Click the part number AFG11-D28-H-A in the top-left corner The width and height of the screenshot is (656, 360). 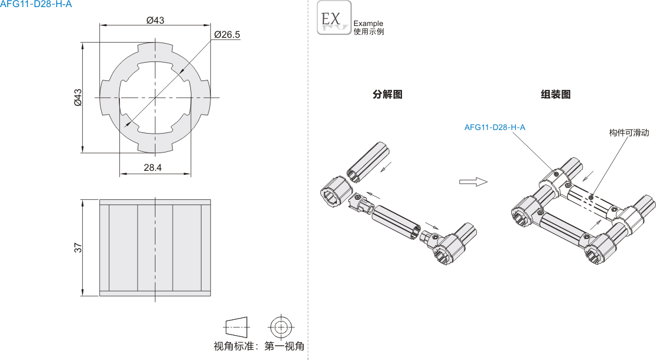pos(36,5)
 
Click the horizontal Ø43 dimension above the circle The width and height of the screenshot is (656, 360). pos(155,20)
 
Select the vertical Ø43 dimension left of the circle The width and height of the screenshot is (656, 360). pos(77,97)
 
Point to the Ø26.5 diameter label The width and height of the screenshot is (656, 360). pos(227,35)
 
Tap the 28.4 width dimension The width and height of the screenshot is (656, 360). pos(152,168)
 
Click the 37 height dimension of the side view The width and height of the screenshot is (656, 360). pos(77,248)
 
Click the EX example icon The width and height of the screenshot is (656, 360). pos(334,17)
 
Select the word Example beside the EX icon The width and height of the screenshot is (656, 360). pos(368,24)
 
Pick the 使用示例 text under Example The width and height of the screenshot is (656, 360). pos(368,32)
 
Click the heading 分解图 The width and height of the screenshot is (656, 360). pos(387,94)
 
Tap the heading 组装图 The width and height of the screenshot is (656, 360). pos(556,94)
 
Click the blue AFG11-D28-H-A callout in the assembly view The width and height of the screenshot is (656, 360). pos(495,127)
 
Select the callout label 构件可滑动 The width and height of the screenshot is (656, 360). pos(629,133)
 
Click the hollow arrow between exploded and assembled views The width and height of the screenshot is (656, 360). pos(473,181)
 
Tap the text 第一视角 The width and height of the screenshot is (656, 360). pos(284,346)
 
